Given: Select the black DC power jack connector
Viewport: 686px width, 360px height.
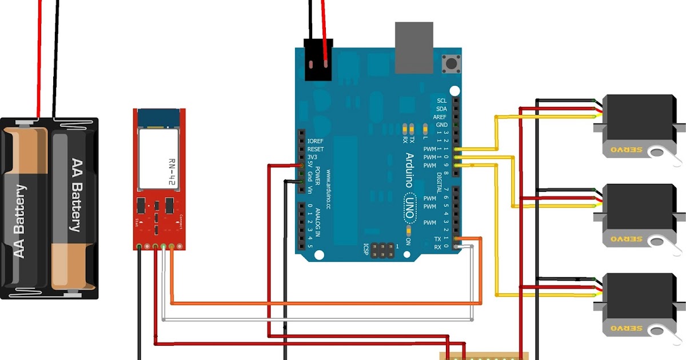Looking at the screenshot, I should click(x=318, y=60).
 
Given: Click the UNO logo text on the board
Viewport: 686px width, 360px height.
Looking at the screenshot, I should click(x=410, y=203).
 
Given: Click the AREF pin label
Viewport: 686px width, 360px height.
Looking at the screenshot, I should click(x=440, y=117).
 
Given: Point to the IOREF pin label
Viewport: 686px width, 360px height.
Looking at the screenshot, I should click(x=316, y=141).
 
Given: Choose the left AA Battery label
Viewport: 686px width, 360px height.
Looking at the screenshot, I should click(x=19, y=221).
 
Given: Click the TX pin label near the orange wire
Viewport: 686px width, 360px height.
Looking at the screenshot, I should click(x=438, y=239).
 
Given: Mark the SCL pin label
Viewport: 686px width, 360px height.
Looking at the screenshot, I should click(x=441, y=101).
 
